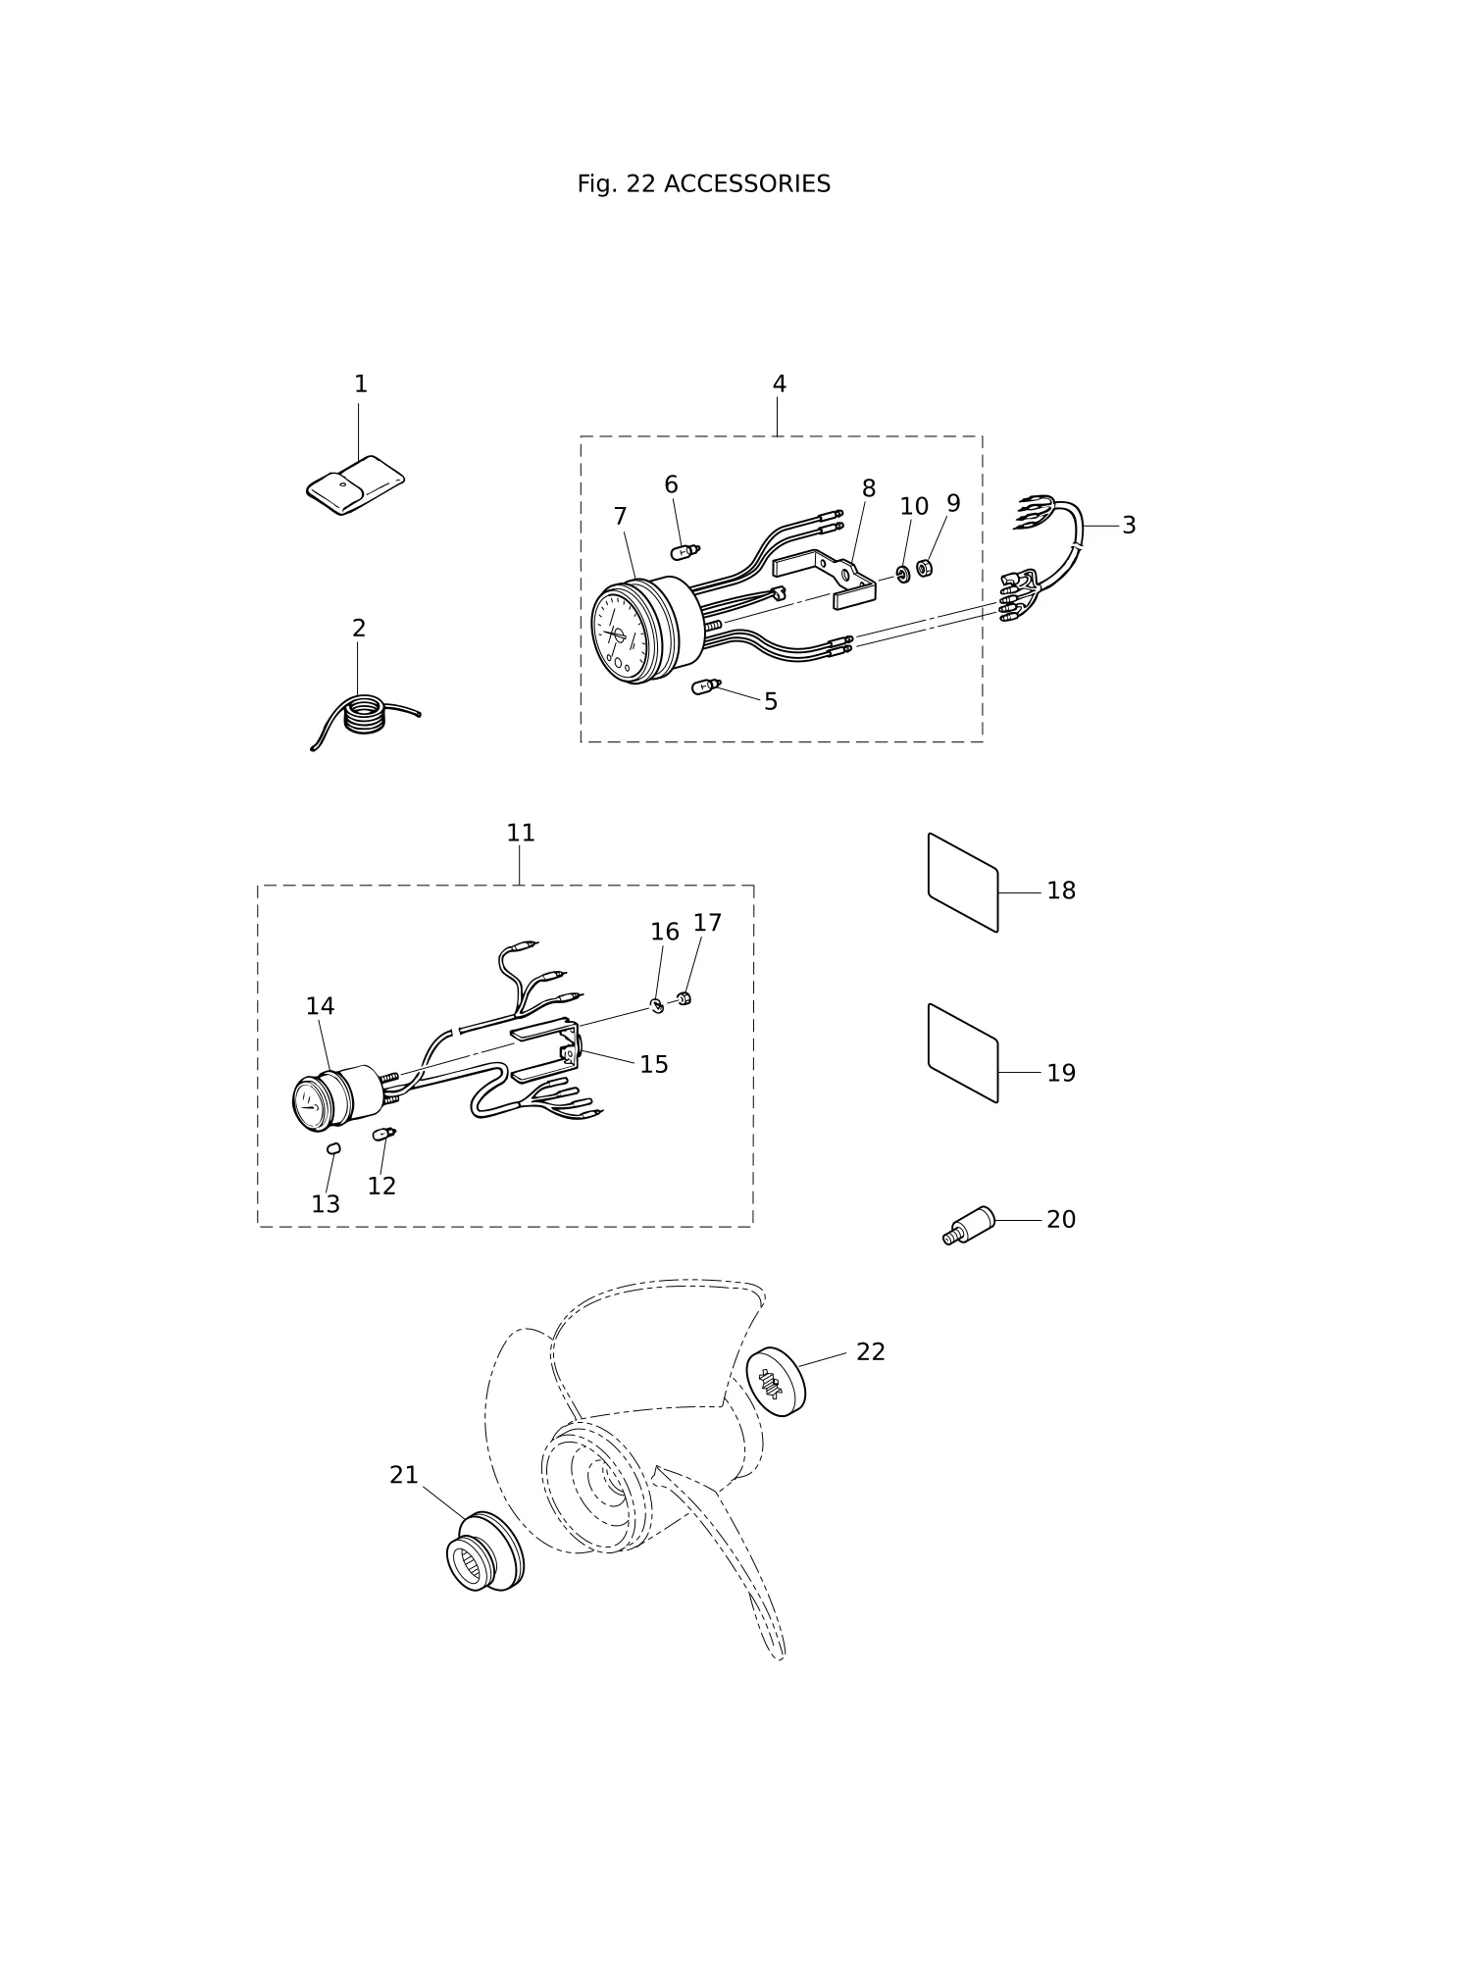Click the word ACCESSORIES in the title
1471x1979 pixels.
tap(746, 184)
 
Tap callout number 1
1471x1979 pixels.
tap(361, 384)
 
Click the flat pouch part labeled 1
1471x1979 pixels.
tap(355, 485)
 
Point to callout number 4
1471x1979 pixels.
tap(779, 384)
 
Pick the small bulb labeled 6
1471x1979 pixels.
tap(685, 552)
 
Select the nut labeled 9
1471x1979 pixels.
tap(924, 567)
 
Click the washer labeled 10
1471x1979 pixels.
tap(903, 573)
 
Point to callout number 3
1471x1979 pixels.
tap(1129, 526)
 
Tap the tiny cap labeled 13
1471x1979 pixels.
tap(333, 1148)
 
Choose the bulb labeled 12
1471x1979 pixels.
tap(383, 1135)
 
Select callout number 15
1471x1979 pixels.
tap(654, 1065)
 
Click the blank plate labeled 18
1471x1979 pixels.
tap(963, 883)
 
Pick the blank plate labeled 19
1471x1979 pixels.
tap(963, 1053)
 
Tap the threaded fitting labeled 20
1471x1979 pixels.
tap(969, 1227)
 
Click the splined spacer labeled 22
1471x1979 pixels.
tap(776, 1382)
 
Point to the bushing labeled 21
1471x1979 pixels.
tap(485, 1551)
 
